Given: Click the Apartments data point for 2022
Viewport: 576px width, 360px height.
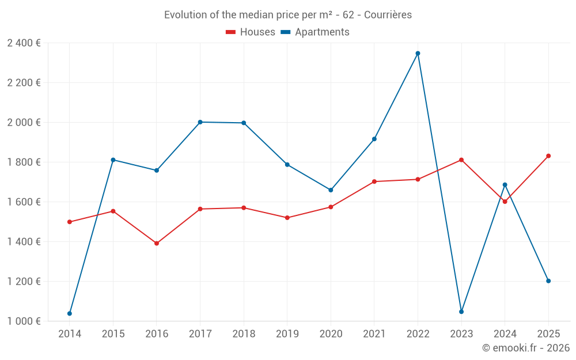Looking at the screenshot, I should pos(418,53).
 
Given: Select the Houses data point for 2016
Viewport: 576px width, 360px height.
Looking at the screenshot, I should pos(157,243).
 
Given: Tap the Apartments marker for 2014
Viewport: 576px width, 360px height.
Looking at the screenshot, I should pos(70,313).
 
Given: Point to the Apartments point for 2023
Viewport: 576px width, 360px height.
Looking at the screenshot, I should pos(461,312).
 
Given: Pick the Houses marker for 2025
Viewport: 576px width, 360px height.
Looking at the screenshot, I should pos(548,156).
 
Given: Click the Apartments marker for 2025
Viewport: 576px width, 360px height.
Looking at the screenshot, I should pos(548,281).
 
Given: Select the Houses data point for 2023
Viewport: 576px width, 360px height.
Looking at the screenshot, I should pos(461,160).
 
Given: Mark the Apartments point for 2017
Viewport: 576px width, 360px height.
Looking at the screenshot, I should pos(200,122).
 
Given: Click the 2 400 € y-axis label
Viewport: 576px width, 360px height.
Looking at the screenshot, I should pos(24,43).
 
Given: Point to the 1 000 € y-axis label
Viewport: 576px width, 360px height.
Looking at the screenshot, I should pos(24,321).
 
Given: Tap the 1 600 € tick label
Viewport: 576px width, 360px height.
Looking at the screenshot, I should pos(24,202).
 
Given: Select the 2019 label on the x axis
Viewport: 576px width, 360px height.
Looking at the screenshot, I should pos(287,334).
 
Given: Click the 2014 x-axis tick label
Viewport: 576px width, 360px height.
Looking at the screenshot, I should pos(70,334).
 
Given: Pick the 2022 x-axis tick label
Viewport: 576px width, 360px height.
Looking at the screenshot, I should pos(418,334).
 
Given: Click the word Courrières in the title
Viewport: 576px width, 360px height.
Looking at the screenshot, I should pos(388,14).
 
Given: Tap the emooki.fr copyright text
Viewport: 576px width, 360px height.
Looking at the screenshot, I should pos(525,348).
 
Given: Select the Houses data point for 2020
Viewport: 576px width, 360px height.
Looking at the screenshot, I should pos(331,207).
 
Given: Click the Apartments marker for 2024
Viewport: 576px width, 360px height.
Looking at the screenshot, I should pos(505,185).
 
